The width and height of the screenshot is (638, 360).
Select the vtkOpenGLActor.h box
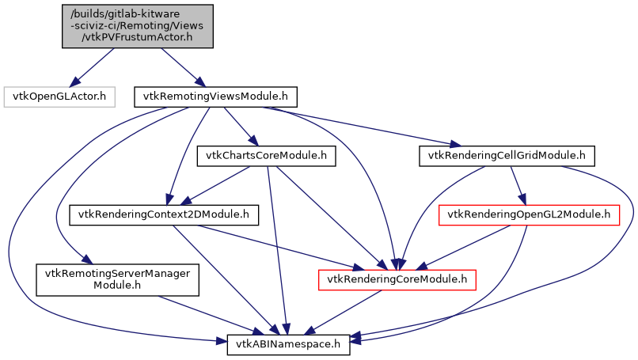tap(60, 97)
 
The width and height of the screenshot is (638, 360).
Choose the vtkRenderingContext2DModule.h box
tap(165, 214)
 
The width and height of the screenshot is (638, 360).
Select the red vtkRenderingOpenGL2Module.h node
tap(528, 214)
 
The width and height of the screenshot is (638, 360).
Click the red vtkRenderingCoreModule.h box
tap(397, 279)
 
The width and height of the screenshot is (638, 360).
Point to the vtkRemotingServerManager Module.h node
tap(116, 279)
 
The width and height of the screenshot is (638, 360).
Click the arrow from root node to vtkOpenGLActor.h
tap(93, 68)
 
